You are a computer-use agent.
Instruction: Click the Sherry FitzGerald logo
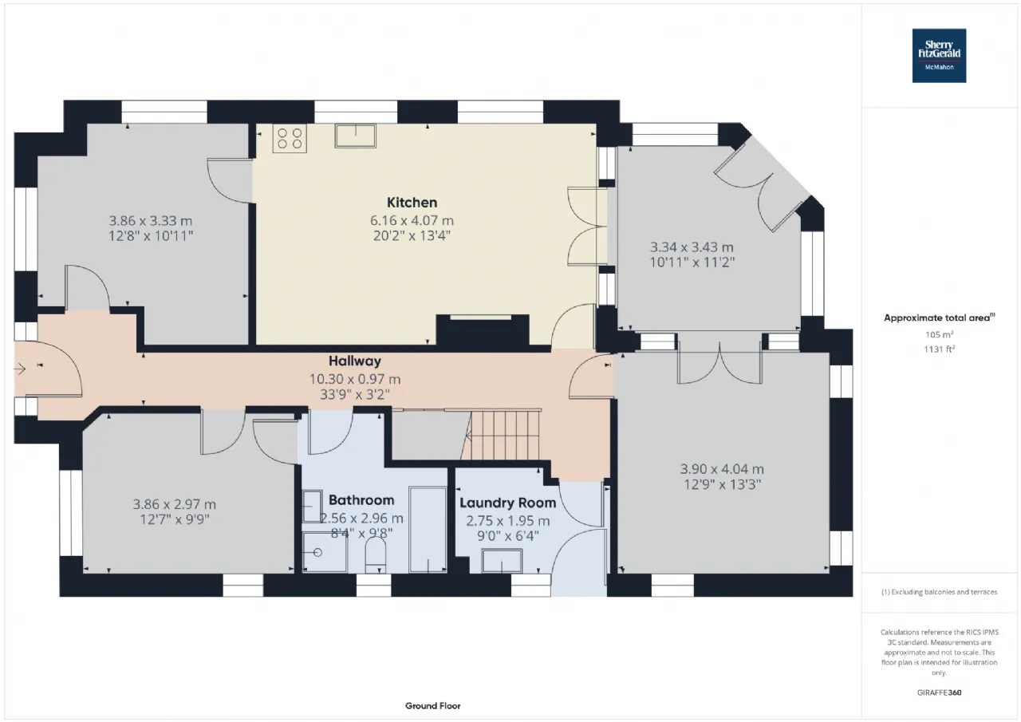tap(939, 55)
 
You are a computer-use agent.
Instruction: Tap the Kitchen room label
tap(412, 203)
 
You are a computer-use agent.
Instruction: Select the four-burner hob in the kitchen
tap(290, 139)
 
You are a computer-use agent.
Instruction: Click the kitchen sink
tap(356, 136)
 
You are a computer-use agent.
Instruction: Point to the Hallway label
tap(355, 361)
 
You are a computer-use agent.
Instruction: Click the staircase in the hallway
tap(502, 435)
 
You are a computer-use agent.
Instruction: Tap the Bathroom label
tap(361, 500)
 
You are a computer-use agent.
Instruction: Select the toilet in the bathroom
tap(375, 555)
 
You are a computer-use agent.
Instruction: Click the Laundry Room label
tap(507, 503)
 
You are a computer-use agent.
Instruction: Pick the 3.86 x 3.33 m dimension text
tap(151, 221)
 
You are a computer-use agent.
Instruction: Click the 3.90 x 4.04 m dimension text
tap(722, 469)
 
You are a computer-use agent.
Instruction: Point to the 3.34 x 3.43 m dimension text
tap(692, 247)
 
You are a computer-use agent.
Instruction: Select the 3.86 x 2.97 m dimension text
tap(174, 504)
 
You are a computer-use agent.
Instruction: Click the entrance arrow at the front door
tap(21, 368)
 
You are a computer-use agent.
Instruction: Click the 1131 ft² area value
tap(941, 348)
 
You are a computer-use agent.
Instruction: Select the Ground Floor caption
tap(432, 706)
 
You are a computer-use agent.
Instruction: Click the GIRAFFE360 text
tap(941, 692)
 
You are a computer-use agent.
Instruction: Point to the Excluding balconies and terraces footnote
tap(939, 592)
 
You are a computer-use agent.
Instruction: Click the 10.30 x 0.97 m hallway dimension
tap(355, 379)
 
